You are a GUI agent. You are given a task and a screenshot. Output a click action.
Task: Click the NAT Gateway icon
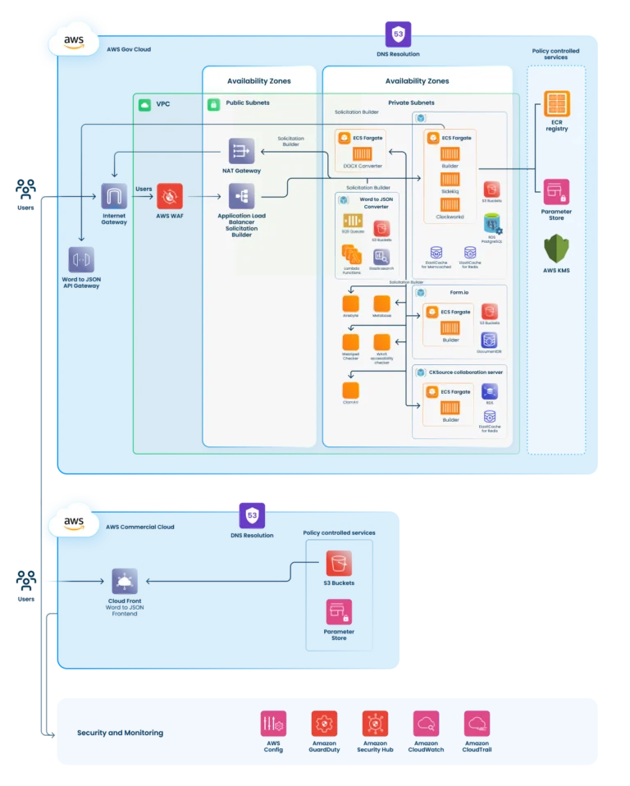tap(242, 151)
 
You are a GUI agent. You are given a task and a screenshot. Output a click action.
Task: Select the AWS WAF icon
tap(170, 197)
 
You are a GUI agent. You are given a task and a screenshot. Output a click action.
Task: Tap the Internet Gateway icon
tap(115, 197)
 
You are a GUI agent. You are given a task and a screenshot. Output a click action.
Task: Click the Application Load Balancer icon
tap(242, 197)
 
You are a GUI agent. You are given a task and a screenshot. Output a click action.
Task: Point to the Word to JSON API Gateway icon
tap(81, 259)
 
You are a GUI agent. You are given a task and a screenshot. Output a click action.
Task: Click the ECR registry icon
tap(556, 104)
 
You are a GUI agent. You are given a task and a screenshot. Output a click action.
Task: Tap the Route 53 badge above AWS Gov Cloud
tap(399, 34)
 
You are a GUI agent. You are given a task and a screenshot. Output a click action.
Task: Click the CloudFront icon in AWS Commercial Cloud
tap(125, 582)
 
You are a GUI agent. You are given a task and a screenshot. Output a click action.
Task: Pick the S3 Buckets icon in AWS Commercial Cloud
tap(339, 564)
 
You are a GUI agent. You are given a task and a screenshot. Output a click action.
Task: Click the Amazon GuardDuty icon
tap(324, 723)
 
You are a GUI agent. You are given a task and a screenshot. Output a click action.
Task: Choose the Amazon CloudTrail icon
tap(477, 723)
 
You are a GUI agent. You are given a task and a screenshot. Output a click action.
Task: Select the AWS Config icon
tap(273, 723)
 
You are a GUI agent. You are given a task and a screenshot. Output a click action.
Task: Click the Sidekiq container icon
tap(450, 179)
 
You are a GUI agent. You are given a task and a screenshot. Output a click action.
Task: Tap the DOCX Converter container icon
tap(363, 154)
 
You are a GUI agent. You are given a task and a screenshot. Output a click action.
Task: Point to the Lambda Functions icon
tap(352, 255)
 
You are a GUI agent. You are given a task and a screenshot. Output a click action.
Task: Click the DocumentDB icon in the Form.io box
tap(489, 340)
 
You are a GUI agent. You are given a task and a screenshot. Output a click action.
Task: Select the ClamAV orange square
tap(351, 391)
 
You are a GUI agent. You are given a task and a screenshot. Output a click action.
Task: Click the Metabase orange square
tap(381, 304)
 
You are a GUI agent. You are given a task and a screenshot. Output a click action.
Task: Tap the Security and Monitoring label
tap(120, 733)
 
